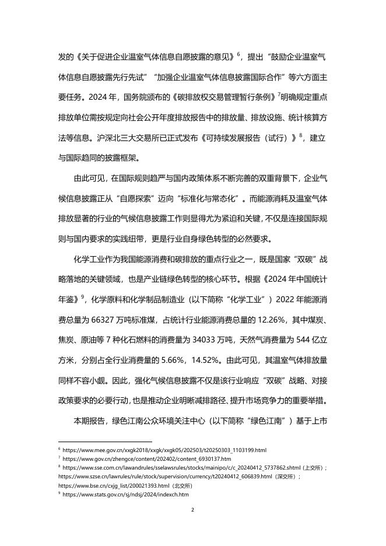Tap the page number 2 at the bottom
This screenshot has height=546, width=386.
(x=192, y=509)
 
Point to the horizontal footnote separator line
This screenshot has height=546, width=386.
(x=105, y=442)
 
